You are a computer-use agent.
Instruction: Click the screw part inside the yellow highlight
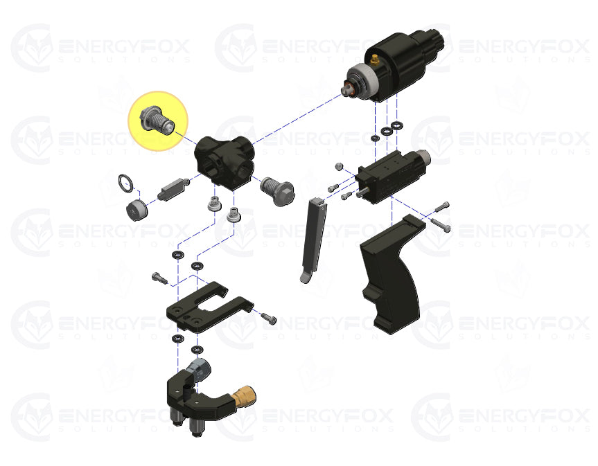click(157, 120)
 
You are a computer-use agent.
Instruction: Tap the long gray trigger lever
click(313, 240)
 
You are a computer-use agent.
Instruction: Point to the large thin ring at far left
click(126, 183)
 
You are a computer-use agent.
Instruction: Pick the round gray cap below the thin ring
click(136, 210)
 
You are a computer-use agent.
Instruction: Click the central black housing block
click(225, 162)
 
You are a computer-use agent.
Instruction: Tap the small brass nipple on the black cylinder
click(374, 59)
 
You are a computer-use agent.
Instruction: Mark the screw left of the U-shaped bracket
click(159, 278)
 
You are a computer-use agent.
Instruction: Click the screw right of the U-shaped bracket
click(268, 318)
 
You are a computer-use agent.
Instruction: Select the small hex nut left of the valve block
click(339, 166)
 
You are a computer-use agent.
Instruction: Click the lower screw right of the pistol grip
click(441, 224)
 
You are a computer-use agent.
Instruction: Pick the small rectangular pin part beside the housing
click(173, 188)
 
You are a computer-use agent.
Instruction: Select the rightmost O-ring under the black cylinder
click(397, 125)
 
